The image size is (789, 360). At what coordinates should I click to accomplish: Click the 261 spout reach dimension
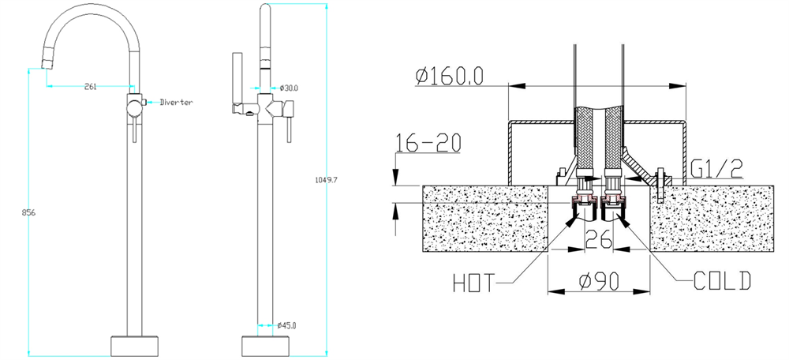[90, 87]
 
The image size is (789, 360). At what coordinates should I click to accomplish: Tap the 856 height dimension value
[28, 212]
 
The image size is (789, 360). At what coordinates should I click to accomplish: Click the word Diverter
[176, 102]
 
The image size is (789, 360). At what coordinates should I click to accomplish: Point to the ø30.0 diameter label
[289, 88]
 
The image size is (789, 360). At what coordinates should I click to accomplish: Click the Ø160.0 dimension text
[450, 76]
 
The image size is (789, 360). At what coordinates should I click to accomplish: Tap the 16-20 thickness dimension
[428, 144]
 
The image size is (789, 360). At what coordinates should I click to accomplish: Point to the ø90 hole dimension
[599, 282]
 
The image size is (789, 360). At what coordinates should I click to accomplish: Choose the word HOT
[474, 283]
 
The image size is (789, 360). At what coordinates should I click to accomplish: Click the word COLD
[722, 281]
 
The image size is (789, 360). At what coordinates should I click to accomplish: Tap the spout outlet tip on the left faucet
[47, 63]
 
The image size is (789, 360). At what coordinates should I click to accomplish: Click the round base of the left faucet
[134, 346]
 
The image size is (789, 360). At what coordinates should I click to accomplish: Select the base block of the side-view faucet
[266, 346]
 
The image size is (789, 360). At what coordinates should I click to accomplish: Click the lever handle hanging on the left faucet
[134, 131]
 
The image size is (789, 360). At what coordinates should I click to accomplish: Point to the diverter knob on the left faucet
[144, 102]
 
